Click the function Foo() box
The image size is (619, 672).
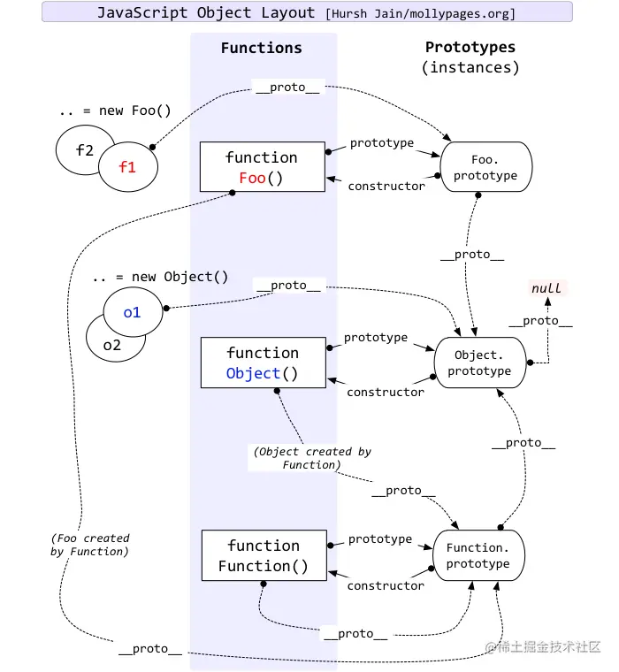click(263, 167)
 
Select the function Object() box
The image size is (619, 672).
click(264, 363)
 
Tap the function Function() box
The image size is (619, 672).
click(264, 555)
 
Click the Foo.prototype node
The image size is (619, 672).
click(486, 167)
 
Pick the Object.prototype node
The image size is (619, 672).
click(480, 363)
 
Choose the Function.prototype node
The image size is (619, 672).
click(478, 555)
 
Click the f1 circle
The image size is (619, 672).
click(128, 167)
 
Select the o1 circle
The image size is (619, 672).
click(133, 312)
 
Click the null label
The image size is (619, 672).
click(546, 288)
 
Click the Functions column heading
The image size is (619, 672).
click(262, 48)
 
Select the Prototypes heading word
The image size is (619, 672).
click(470, 47)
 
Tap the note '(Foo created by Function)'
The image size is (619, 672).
click(90, 545)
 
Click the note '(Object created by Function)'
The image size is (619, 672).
click(312, 458)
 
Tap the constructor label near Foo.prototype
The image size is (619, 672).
click(386, 186)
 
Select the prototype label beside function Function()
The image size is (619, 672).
click(380, 538)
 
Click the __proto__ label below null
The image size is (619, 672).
click(540, 321)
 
